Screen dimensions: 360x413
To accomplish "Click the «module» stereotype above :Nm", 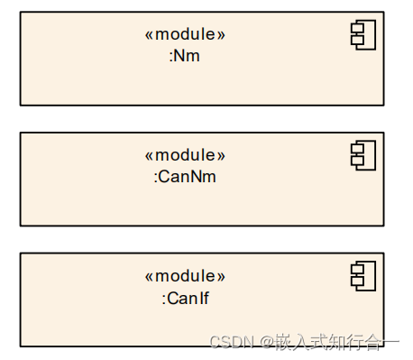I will coord(185,34).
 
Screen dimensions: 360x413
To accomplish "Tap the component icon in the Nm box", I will coord(363,36).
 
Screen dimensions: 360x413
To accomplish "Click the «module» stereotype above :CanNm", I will coord(185,155).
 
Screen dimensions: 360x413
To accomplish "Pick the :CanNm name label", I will coord(185,177).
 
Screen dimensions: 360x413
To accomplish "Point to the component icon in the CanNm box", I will coord(363,155).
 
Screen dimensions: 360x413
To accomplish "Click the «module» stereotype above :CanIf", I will coord(185,276).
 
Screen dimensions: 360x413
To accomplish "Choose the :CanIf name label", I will coord(185,298).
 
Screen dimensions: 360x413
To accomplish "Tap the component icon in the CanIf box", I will coord(363,277).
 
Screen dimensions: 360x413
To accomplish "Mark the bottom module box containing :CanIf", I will coord(90,320).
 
